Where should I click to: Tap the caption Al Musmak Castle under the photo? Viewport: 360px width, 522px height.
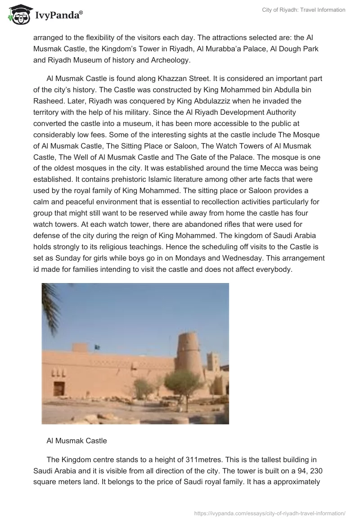(76, 441)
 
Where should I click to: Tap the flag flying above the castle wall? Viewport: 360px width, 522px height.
(96, 347)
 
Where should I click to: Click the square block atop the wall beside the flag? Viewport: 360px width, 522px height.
(80, 347)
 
